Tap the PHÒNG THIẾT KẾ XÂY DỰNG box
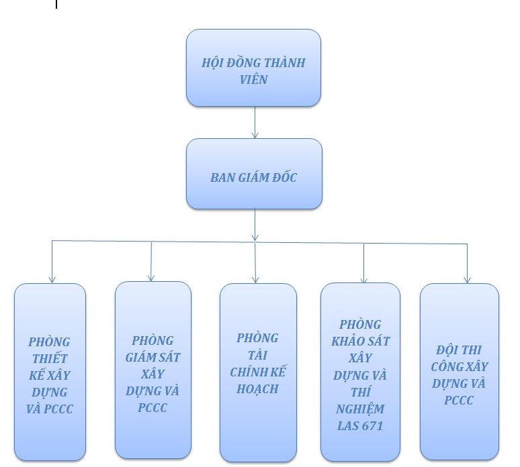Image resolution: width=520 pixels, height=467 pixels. (x=50, y=372)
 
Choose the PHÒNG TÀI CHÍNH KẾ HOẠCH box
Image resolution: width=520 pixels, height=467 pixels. (x=257, y=372)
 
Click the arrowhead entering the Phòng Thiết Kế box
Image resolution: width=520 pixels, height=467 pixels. (x=52, y=278)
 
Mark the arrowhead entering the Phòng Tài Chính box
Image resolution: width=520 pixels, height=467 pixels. (x=256, y=278)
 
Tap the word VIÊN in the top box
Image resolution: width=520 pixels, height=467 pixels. (x=253, y=80)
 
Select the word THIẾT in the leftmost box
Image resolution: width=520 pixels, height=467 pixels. (x=51, y=358)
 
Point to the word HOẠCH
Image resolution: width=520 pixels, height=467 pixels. (x=257, y=389)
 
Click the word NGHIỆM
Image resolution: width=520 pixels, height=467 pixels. (x=361, y=409)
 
